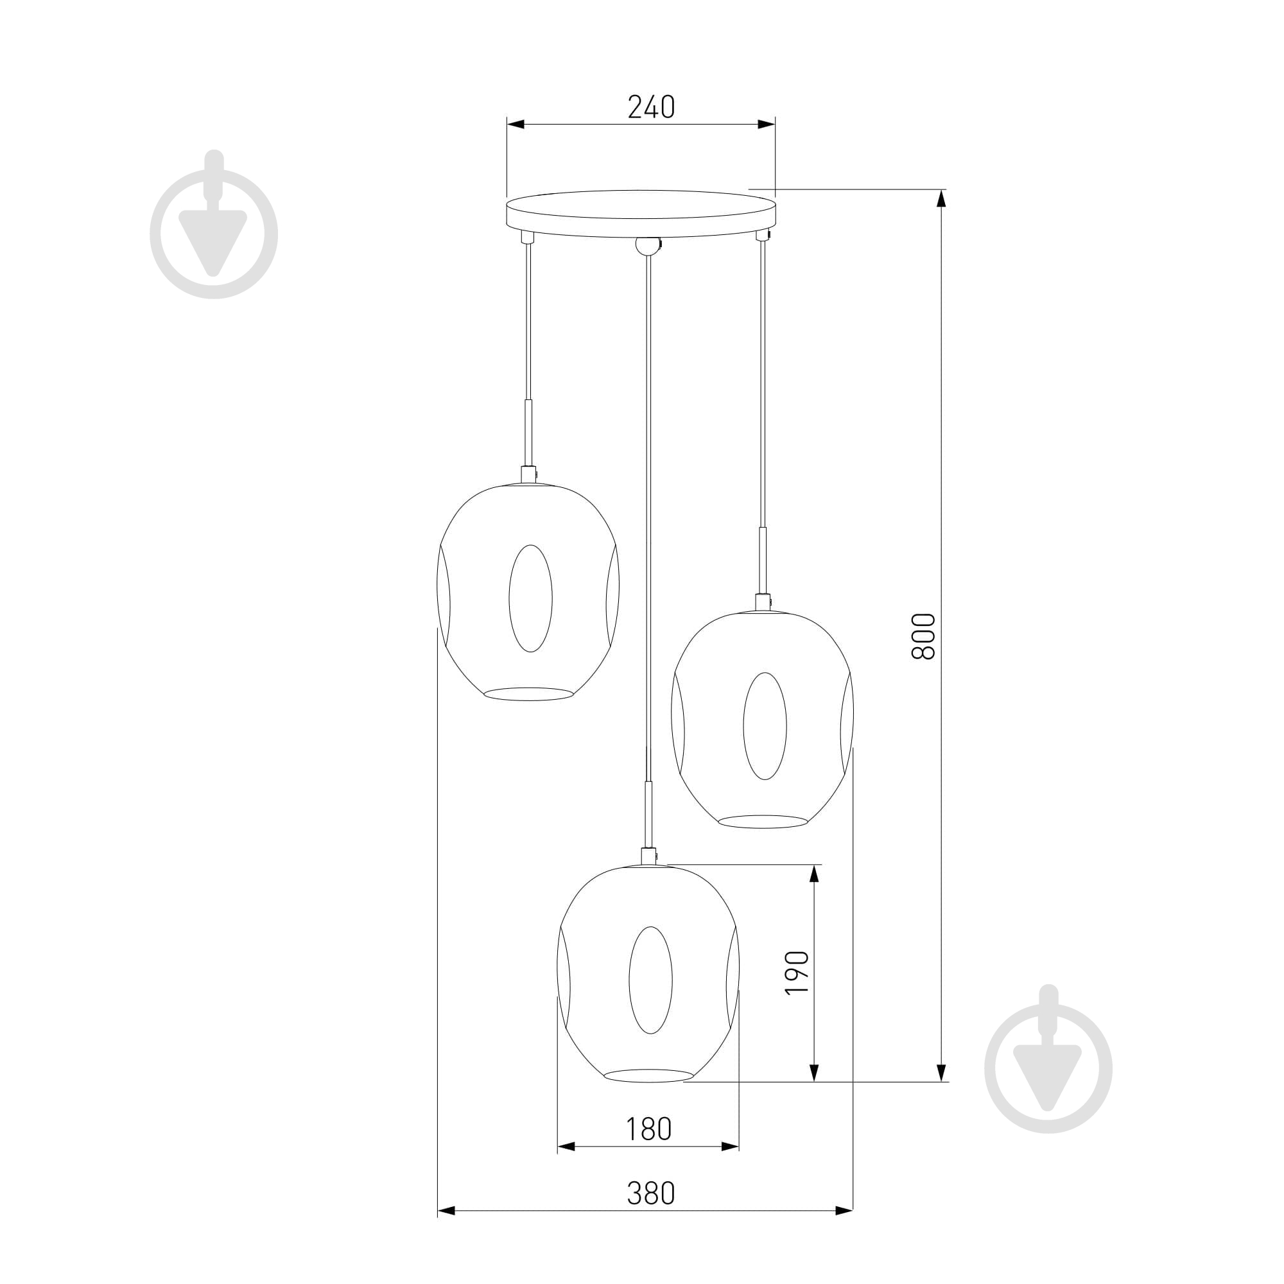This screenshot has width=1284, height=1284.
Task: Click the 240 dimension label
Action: (651, 107)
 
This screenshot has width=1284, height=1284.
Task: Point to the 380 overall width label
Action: (651, 1193)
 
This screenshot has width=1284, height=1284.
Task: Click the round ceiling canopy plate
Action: (641, 213)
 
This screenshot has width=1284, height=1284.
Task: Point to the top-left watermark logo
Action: (214, 225)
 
